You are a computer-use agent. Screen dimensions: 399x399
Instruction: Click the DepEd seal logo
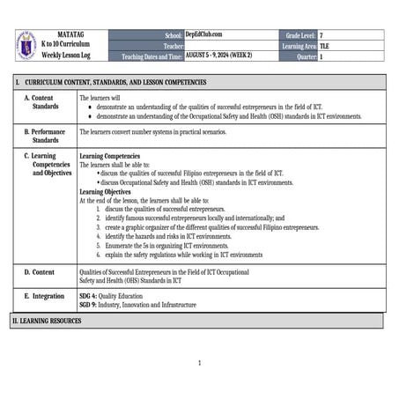pyautogui.click(x=26, y=46)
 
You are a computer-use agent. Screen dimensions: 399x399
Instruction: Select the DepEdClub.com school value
pyautogui.click(x=203, y=34)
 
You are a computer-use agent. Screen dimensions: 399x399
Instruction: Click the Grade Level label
pyautogui.click(x=299, y=34)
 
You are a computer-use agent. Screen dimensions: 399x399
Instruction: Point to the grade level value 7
pyautogui.click(x=321, y=34)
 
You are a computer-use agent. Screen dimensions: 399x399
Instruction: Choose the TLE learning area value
pyautogui.click(x=325, y=45)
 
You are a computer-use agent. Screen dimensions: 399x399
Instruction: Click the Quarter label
pyautogui.click(x=305, y=55)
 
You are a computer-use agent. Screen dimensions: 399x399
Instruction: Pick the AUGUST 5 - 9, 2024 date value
pyautogui.click(x=218, y=55)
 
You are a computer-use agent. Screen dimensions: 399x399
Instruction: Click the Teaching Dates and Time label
pyautogui.click(x=151, y=55)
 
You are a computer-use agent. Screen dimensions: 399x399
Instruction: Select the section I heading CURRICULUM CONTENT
pyautogui.click(x=115, y=82)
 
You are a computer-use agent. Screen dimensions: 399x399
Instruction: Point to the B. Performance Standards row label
pyautogui.click(x=45, y=136)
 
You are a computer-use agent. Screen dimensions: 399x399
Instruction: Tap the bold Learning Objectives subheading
pyautogui.click(x=105, y=191)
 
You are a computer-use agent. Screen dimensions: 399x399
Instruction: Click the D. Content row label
pyautogui.click(x=39, y=273)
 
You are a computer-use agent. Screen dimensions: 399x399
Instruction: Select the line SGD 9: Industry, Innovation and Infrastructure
pyautogui.click(x=137, y=305)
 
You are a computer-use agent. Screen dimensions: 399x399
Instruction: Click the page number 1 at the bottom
pyautogui.click(x=200, y=362)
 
